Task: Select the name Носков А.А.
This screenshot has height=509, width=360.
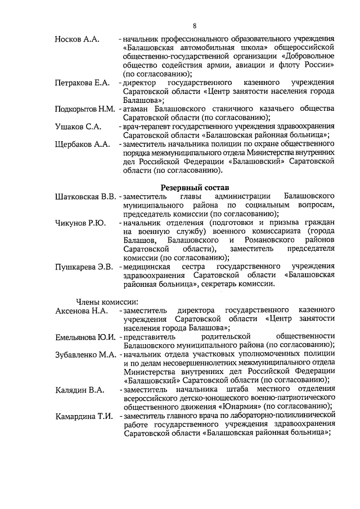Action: (x=77, y=39)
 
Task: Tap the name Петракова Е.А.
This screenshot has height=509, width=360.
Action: (x=82, y=83)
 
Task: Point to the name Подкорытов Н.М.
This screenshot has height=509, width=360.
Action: (x=85, y=109)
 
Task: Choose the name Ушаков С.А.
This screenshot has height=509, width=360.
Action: (x=78, y=126)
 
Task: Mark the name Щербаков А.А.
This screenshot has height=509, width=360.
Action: (x=82, y=144)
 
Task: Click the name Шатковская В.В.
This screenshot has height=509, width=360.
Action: (x=85, y=196)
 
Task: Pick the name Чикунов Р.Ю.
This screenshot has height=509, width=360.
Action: (x=80, y=223)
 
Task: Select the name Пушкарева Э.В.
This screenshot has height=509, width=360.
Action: (x=84, y=266)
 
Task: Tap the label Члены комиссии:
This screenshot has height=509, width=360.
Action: (x=103, y=301)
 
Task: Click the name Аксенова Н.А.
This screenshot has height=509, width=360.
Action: (x=82, y=310)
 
